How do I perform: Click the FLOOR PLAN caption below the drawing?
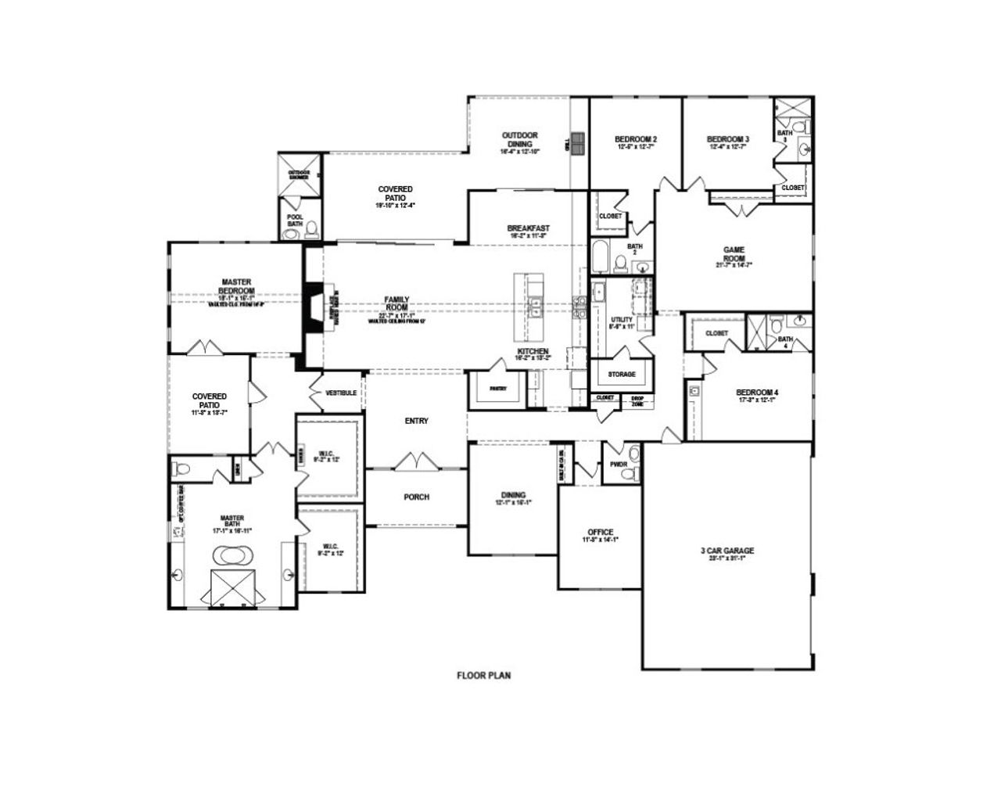click(x=483, y=675)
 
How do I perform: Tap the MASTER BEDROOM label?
click(x=235, y=286)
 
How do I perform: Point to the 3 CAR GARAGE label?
click(x=727, y=551)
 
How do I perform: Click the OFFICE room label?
click(x=600, y=533)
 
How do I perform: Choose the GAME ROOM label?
click(x=734, y=254)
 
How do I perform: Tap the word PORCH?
click(x=416, y=497)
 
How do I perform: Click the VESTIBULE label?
click(x=341, y=393)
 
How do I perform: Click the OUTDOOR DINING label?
click(x=519, y=140)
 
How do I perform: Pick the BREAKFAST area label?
click(x=528, y=228)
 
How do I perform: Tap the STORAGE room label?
click(x=622, y=375)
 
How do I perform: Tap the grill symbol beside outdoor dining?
click(x=578, y=144)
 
